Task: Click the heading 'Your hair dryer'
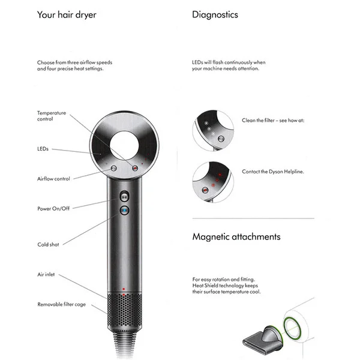coord(67,15)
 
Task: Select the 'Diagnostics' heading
coord(215,14)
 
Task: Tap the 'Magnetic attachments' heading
coord(236,237)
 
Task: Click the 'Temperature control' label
coord(52,116)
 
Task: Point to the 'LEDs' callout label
coord(43,149)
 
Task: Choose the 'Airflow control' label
coord(53,179)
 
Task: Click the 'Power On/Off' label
coord(53,208)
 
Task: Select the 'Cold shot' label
coord(48,245)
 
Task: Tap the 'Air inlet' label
coord(46,274)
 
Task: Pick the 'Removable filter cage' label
coord(62,304)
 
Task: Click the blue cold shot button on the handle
coord(124,211)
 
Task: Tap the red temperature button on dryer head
coord(135,168)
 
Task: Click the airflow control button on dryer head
coord(113,168)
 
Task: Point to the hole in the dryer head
coord(124,146)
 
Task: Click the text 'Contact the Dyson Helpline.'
coord(273,172)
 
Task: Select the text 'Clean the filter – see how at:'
coord(273,121)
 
